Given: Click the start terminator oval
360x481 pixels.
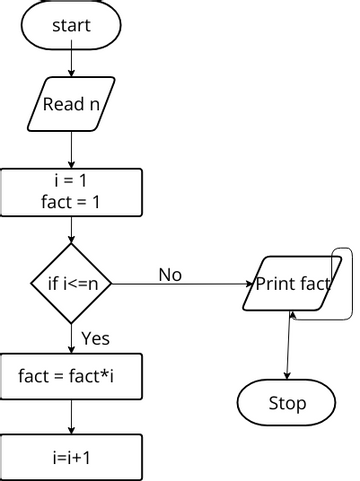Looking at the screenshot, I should pos(72,25).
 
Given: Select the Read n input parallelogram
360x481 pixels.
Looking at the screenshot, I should pos(72,103).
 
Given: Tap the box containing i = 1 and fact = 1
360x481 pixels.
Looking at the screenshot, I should pos(72,192).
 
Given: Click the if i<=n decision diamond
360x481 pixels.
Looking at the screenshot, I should pos(72,283).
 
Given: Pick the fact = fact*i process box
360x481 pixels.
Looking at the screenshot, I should pos(72,377).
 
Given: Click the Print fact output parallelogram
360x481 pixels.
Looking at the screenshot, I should pos(292,283).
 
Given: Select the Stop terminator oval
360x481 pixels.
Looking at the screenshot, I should pos(287,404).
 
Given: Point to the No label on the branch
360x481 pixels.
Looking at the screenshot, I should pos(170,274).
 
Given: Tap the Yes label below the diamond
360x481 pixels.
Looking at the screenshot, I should pos(95,338).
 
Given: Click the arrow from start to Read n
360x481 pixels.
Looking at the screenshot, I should pos(72,63).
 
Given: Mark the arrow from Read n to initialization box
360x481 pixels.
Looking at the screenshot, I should pos(72,149).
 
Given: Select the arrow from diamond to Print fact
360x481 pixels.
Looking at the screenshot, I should pos(180,284).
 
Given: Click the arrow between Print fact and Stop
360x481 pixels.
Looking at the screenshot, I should pos(289,345).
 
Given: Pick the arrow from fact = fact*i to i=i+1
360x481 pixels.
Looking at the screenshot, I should pos(72,417).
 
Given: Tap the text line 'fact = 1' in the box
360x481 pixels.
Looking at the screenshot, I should pos(72,202).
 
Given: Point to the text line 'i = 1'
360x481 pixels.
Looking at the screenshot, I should pos(72,182).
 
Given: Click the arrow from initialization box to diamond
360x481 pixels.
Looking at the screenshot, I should pos(72,229).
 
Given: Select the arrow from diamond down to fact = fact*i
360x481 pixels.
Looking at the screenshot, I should pos(72,338).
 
